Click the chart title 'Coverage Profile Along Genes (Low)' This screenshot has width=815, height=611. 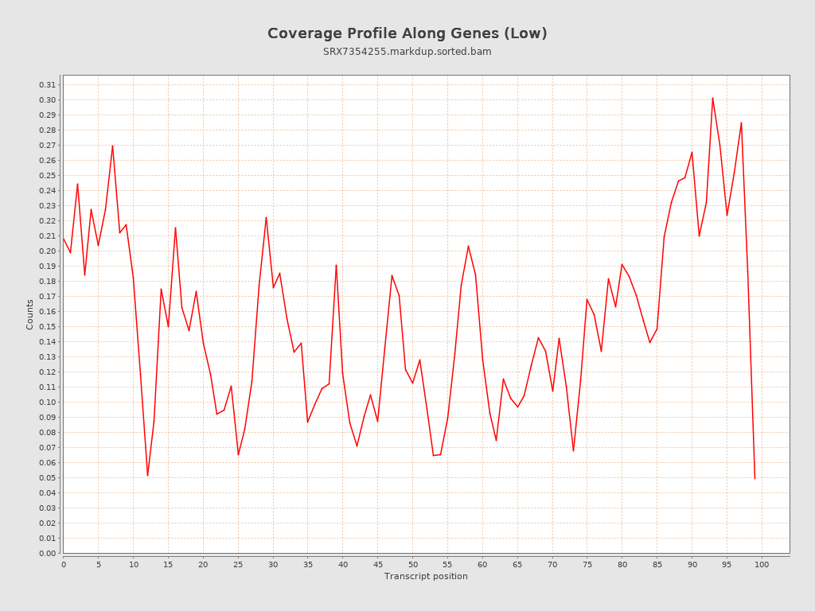tap(407, 33)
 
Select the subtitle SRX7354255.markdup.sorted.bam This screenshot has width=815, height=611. tap(407, 52)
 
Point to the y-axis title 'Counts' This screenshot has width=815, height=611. tap(30, 314)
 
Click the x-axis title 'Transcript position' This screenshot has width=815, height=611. tap(426, 577)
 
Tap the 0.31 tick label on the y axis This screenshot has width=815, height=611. tap(47, 85)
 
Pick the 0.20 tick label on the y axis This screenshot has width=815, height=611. tap(47, 251)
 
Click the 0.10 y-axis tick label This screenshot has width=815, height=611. tap(47, 403)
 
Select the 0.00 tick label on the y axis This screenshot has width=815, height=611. tap(47, 554)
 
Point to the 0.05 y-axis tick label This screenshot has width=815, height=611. tap(47, 478)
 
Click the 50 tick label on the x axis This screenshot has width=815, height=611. tap(412, 565)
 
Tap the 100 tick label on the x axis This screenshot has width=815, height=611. tap(762, 565)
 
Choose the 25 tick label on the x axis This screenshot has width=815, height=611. tap(238, 565)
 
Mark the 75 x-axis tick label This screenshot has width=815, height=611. tap(587, 565)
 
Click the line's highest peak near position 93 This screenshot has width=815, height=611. tap(712, 98)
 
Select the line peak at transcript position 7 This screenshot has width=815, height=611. tap(112, 146)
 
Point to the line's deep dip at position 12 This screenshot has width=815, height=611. tap(147, 476)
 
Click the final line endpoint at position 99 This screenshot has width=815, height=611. tap(755, 478)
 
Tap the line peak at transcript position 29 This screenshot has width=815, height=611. tap(266, 217)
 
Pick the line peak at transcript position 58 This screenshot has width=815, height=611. tap(468, 246)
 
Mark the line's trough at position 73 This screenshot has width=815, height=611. tap(573, 451)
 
